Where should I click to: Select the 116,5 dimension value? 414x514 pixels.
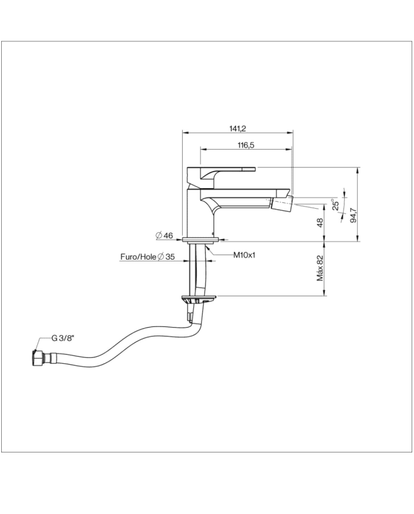pyautogui.click(x=247, y=145)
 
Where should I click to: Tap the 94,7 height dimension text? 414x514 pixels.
pyautogui.click(x=353, y=215)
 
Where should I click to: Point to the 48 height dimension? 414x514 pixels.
pyautogui.click(x=320, y=222)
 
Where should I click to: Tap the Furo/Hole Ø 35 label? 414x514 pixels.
pyautogui.click(x=147, y=257)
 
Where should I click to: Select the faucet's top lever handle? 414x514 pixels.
pyautogui.click(x=219, y=172)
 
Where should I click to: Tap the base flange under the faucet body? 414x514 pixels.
pyautogui.click(x=200, y=240)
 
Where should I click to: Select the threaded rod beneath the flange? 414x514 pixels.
pyautogui.click(x=192, y=266)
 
